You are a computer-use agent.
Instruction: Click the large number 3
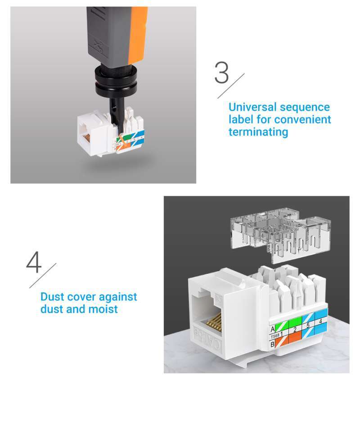tap(221, 73)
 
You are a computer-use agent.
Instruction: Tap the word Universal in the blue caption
tap(252, 107)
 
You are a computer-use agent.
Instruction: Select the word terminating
tap(258, 132)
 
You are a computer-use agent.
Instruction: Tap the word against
tap(118, 297)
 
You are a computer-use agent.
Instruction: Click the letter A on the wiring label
tap(272, 329)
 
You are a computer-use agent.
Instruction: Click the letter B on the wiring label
tap(272, 345)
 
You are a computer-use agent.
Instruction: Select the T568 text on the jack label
tap(274, 337)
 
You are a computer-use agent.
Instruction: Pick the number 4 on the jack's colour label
tap(320, 321)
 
